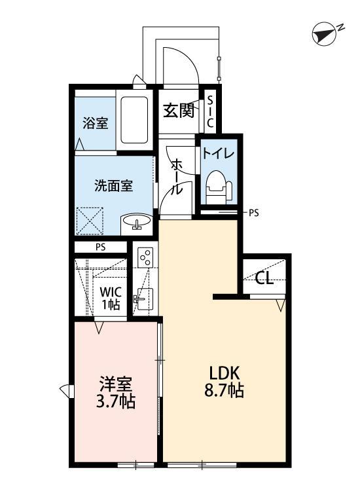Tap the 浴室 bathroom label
pos(96,122)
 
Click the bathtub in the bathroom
pos(134,122)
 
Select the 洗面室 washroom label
pos(113,185)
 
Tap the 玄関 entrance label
pos(178,111)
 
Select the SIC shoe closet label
pos(210,111)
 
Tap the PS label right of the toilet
pos(254,213)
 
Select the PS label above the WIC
pos(100,247)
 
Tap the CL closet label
pos(264,280)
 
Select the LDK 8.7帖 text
pos(226,382)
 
